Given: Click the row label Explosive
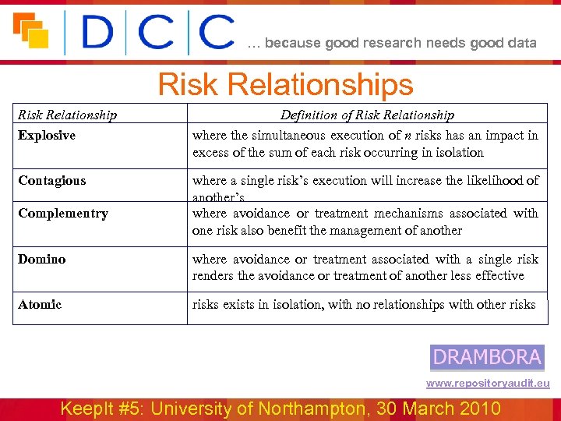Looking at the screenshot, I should coord(47,136).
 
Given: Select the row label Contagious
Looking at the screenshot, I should coord(51,181).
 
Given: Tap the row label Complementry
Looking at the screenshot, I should coord(63,214).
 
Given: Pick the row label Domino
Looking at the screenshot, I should coord(42,260).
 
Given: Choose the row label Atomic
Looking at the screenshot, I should coord(40,305).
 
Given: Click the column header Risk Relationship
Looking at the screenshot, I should coord(67,115).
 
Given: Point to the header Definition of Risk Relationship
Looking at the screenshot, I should coord(367,115).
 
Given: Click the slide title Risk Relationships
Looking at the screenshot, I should coord(285,84).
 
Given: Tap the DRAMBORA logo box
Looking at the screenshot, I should coord(487,357).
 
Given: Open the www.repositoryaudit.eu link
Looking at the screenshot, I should coord(488,383).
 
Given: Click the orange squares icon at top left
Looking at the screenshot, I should coord(31,30).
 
